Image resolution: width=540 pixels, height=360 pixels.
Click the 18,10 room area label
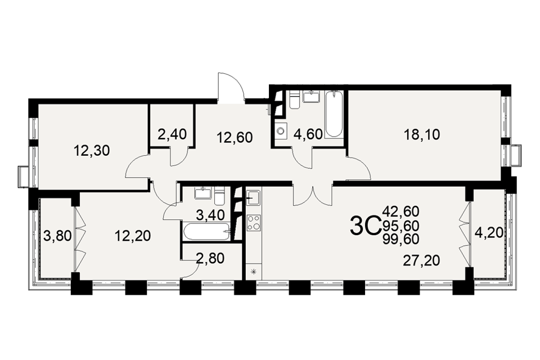(x=422, y=134)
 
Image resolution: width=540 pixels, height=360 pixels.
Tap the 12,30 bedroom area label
(x=92, y=151)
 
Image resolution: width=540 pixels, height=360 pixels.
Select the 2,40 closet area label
(x=172, y=134)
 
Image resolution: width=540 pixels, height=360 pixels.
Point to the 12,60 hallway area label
(x=235, y=137)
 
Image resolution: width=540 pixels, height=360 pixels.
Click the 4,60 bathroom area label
(x=308, y=134)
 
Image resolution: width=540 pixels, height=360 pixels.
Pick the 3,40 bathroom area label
(x=210, y=215)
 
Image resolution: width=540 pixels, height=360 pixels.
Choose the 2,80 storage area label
(x=210, y=258)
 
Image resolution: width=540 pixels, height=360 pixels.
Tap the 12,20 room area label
(x=133, y=236)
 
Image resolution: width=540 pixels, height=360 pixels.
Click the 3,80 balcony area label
(x=58, y=236)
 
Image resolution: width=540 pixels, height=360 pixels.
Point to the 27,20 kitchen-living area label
(x=422, y=261)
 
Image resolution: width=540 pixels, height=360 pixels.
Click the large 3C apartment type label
(x=365, y=226)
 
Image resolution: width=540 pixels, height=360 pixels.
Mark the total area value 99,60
(x=401, y=238)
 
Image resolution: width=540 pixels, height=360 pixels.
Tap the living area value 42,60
(x=401, y=210)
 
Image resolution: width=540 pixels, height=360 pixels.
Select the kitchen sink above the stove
(x=254, y=198)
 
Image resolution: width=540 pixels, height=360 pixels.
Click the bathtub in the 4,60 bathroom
(x=334, y=114)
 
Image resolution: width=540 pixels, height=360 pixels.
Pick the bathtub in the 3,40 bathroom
(x=206, y=231)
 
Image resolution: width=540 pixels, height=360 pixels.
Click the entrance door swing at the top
(x=231, y=88)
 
